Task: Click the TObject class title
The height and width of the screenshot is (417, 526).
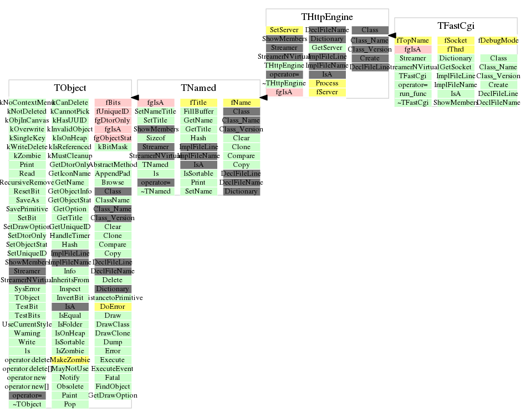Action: click(70, 88)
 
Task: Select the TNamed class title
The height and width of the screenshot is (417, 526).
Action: click(198, 88)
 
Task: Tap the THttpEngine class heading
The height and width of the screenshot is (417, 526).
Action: click(327, 17)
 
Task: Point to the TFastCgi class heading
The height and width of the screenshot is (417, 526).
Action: click(456, 26)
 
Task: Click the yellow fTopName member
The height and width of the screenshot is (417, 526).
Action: click(413, 40)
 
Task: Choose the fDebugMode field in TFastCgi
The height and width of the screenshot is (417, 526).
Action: click(498, 40)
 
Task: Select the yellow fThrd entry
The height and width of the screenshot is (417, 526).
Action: click(456, 49)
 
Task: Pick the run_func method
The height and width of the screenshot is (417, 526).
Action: click(413, 94)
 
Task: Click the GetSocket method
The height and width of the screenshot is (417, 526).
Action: click(456, 67)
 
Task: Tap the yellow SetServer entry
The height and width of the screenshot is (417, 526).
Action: click(284, 30)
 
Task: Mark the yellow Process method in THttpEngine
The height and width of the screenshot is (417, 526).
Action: click(327, 83)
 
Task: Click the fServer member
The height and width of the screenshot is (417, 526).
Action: click(327, 92)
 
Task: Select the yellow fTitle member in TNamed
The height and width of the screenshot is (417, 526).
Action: click(198, 103)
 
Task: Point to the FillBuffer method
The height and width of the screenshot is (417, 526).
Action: click(198, 111)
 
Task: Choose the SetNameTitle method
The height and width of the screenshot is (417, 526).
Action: click(156, 111)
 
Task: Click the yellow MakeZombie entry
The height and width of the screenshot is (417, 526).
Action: click(70, 360)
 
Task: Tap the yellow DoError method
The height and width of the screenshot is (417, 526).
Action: click(113, 307)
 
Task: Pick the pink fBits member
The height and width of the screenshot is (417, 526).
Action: click(113, 103)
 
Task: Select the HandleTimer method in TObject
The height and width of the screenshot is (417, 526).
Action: click(70, 236)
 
